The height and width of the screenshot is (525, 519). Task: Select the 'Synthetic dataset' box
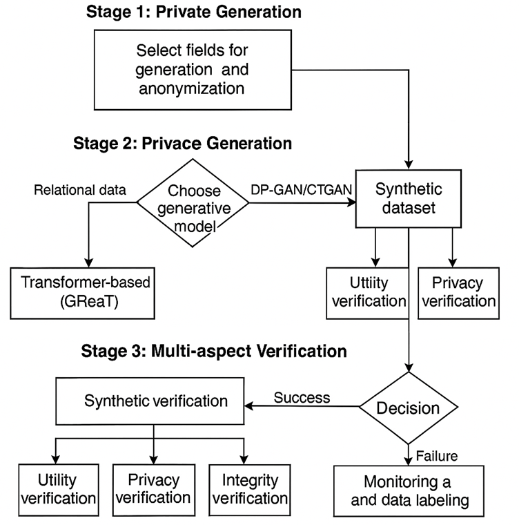(409, 198)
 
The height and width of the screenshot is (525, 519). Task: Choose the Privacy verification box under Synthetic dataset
(458, 292)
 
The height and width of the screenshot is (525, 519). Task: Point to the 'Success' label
(302, 397)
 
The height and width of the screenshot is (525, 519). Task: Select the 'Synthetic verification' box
(153, 400)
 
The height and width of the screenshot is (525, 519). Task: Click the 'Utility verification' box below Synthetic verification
(57, 488)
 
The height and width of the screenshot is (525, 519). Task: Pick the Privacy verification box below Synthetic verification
(153, 488)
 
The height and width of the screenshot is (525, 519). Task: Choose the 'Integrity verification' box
(246, 488)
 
